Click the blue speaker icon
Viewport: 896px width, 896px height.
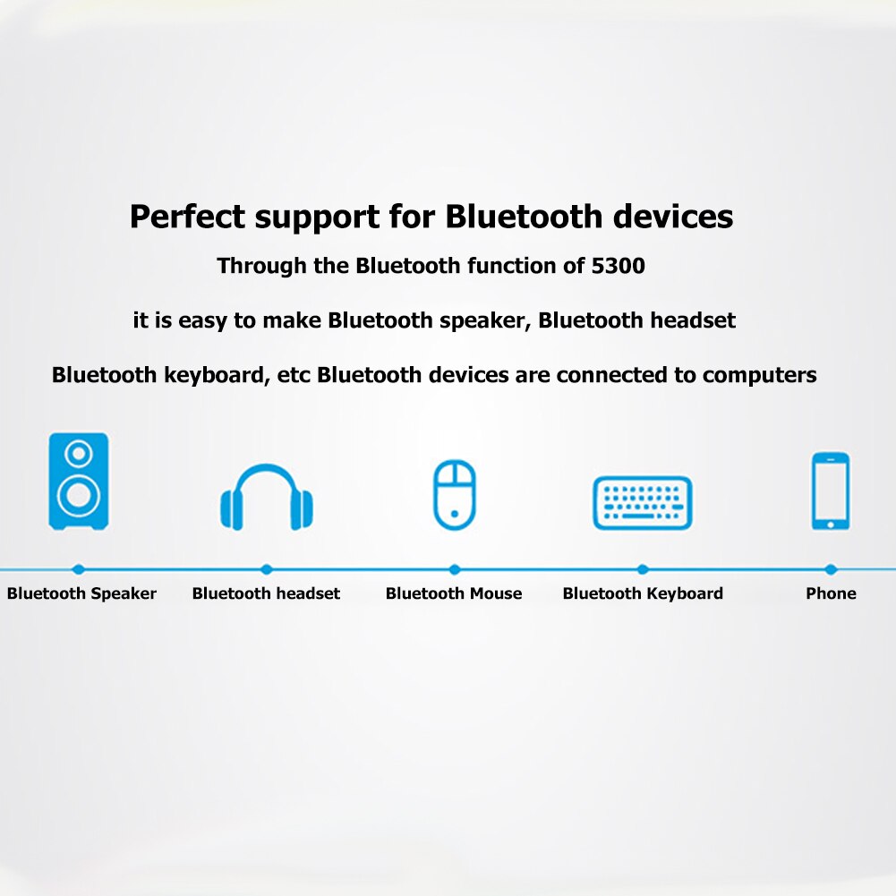(79, 481)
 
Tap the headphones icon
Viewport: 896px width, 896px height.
(267, 498)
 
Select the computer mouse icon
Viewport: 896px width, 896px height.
(455, 495)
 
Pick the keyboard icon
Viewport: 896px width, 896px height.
(643, 502)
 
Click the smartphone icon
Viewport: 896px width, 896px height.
(831, 491)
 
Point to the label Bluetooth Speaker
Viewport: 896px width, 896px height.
(81, 593)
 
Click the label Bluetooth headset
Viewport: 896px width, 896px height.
(266, 593)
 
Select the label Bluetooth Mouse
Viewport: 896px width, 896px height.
(454, 593)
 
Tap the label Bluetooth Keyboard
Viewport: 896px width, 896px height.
(643, 593)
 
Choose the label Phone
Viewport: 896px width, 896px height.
(831, 593)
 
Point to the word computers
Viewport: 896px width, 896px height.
(760, 375)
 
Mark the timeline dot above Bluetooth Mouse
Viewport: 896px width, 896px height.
(455, 569)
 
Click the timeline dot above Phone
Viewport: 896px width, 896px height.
(831, 569)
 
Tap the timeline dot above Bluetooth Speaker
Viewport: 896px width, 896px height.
(79, 569)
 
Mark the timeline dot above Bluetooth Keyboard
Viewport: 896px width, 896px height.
(643, 569)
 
